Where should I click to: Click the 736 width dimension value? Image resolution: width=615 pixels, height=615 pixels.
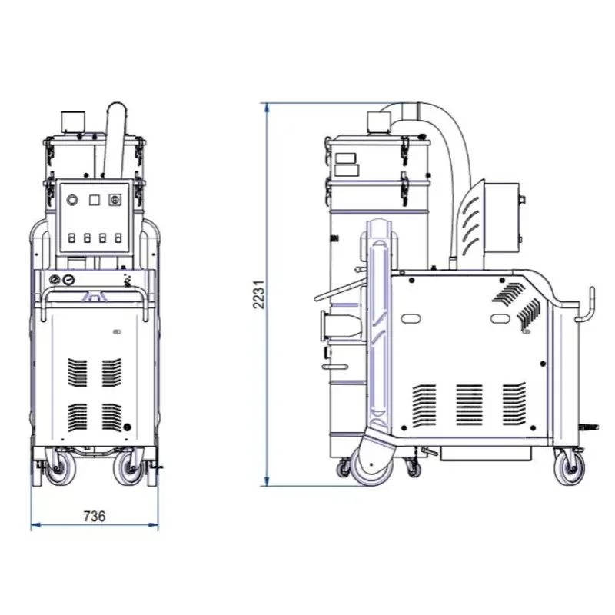pos(95,516)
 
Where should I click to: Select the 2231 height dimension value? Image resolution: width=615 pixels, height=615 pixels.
pos(259,294)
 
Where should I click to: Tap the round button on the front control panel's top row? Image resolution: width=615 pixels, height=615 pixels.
pos(72,200)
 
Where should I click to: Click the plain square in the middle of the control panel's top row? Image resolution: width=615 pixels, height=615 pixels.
pos(94,200)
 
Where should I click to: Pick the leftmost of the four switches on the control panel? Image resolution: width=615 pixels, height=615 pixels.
pos(71,238)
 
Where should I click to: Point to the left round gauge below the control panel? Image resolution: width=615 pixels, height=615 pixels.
pos(54,280)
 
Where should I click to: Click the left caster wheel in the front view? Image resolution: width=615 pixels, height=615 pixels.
pos(59,468)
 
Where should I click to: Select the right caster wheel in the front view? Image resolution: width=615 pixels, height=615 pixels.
pos(128,468)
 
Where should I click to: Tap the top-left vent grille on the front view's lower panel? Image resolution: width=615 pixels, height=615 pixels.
pos(78,372)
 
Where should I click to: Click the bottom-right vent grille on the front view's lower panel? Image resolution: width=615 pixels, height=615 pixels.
pos(111,417)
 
